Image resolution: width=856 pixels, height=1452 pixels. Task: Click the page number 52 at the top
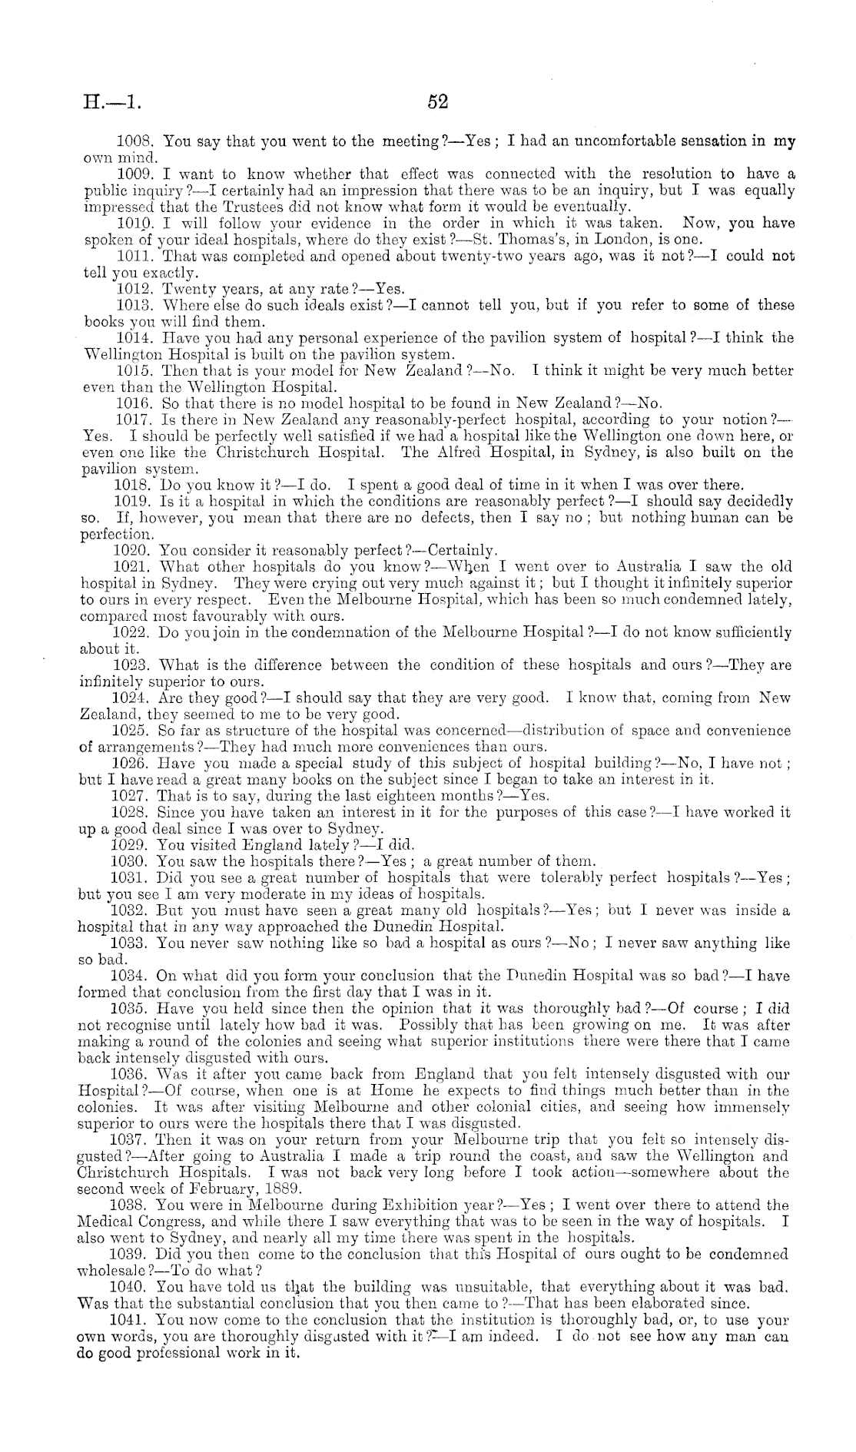click(x=437, y=102)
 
